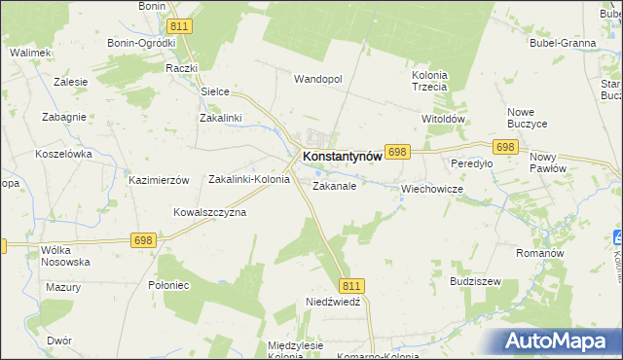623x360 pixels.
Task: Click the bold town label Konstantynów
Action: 348,156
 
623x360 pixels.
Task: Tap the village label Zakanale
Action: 334,185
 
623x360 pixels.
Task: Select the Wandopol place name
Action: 318,79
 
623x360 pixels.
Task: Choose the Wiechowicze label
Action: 430,189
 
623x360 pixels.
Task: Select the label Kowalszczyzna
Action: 209,212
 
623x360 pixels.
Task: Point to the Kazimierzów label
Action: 158,181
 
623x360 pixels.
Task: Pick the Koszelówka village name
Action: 63,154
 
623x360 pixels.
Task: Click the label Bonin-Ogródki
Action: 142,43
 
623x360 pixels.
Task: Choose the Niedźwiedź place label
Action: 333,303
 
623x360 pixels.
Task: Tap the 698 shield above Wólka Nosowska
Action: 144,240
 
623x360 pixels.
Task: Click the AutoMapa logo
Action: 558,341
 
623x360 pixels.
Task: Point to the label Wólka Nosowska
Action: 65,256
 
